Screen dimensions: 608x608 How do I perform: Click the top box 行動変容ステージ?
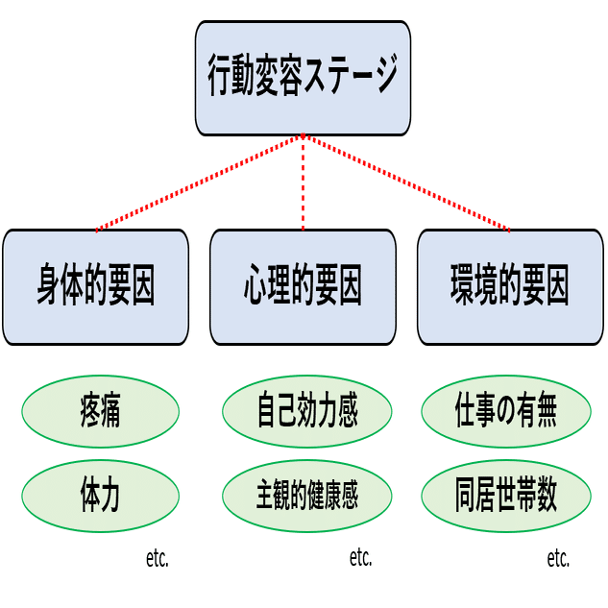(x=303, y=78)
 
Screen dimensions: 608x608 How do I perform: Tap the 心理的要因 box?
(x=303, y=286)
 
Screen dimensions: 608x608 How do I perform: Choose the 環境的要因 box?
(x=510, y=286)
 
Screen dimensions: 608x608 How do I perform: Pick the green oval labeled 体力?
(x=100, y=495)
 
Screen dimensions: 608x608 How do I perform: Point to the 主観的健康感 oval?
(x=306, y=495)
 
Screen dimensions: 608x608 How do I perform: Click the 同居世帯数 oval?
(x=506, y=495)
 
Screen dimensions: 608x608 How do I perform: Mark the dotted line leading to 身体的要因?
(x=200, y=183)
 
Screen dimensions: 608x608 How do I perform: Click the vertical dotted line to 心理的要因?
(x=304, y=182)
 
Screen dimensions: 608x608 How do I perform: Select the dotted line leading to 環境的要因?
(x=406, y=183)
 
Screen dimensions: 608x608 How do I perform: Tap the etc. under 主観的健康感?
(x=360, y=557)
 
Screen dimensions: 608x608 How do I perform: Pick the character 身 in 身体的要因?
(x=50, y=286)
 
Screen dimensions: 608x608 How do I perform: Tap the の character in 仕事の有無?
(x=506, y=414)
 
